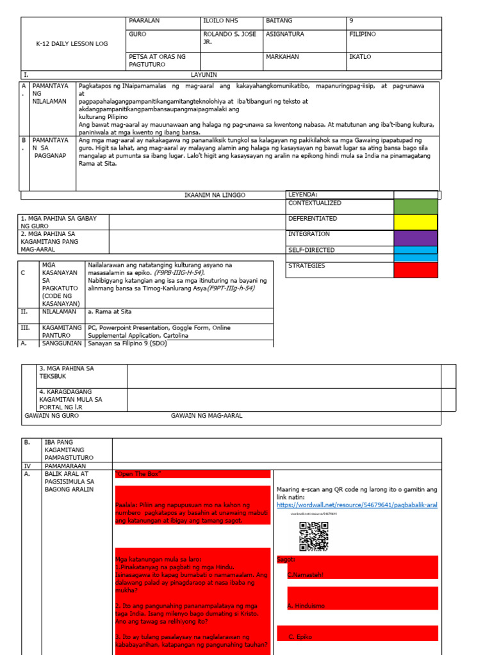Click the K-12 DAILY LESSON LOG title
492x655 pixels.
[x=72, y=43]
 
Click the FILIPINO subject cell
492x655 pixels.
[x=363, y=34]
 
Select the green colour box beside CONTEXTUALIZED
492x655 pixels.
[x=416, y=207]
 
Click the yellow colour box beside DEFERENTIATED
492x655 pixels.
[x=416, y=222]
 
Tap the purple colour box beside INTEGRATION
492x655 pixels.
[x=416, y=237]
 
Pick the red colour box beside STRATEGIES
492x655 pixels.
[x=416, y=270]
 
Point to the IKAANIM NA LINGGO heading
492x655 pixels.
[x=215, y=194]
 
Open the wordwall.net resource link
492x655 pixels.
[x=357, y=505]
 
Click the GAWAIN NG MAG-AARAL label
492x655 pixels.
[x=206, y=416]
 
